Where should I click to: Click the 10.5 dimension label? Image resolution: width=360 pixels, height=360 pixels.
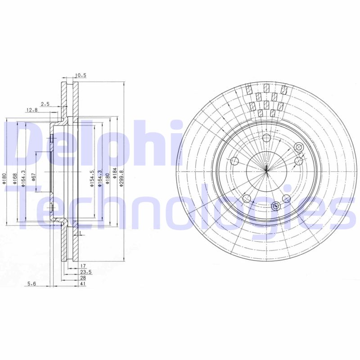[81, 75]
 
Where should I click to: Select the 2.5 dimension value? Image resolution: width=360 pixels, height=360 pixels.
[45, 104]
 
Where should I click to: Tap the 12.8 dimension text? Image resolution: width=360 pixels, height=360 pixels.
[31, 110]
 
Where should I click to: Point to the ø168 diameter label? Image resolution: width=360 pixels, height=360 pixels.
[16, 179]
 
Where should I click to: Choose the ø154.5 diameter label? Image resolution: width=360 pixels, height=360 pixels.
[92, 179]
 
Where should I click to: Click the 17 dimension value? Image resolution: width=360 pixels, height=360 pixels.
[83, 266]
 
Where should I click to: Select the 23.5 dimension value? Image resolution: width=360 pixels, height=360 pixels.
[85, 272]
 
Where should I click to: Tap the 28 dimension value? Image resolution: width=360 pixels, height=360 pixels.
[83, 278]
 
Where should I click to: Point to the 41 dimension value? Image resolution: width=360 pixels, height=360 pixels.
[83, 284]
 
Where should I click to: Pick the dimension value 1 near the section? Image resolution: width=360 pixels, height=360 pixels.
[79, 233]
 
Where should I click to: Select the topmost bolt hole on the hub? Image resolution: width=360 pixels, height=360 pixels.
[266, 138]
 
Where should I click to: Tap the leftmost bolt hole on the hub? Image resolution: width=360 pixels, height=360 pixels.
[234, 161]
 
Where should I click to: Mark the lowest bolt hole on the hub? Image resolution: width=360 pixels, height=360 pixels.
[276, 207]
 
